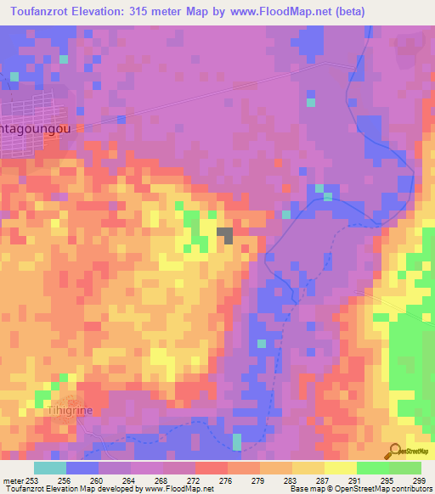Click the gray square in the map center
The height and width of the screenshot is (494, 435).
(225, 235)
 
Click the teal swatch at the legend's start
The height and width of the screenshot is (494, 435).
(50, 468)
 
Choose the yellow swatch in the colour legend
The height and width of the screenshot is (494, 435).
(340, 468)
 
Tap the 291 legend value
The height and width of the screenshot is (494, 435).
(352, 480)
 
